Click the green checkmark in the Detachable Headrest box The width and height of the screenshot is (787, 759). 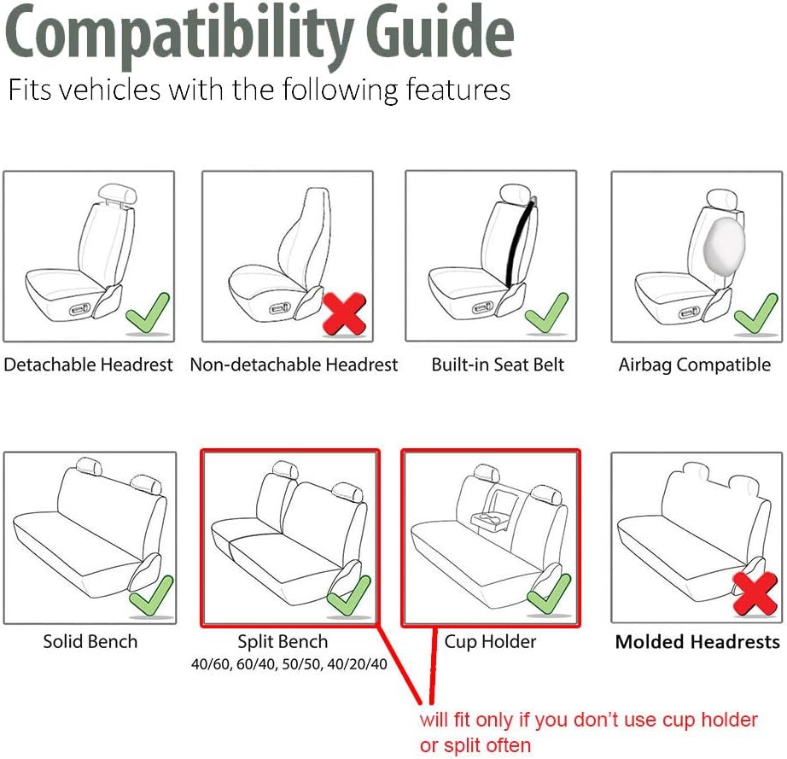coord(147,313)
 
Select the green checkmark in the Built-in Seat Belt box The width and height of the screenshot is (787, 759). coord(546,312)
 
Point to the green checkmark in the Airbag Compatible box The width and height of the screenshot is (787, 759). coord(755,313)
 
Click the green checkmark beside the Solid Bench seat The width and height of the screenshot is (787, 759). coord(151,595)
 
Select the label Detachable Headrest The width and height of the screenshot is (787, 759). coord(88,365)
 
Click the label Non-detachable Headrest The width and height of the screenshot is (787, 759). coord(294,365)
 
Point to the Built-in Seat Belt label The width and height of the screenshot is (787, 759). coord(498,365)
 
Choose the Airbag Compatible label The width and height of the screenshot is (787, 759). coord(695,365)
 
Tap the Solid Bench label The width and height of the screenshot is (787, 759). coord(90,641)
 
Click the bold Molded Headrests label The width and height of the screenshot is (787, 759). coord(697,641)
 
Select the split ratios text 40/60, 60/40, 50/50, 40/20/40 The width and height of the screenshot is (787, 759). coord(289,664)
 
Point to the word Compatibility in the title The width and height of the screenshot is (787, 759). coord(180,36)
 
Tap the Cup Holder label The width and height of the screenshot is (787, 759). coord(490,642)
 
